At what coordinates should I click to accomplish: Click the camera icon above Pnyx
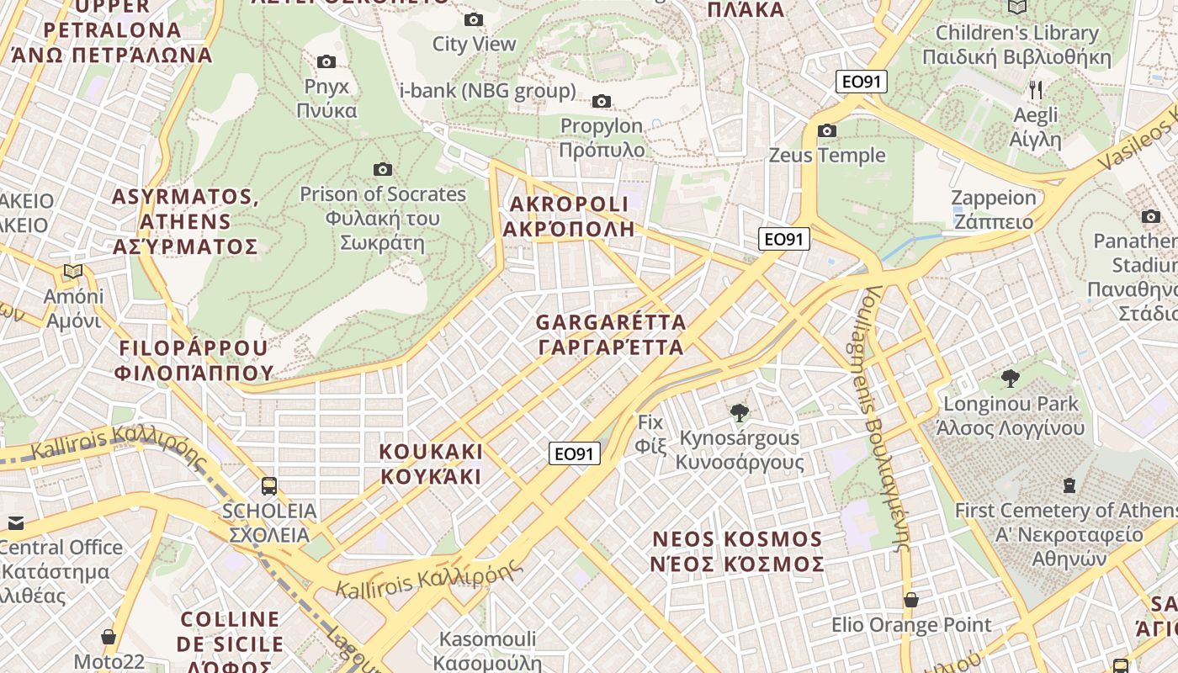[x=326, y=61]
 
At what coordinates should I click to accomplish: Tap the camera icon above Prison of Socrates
[x=383, y=169]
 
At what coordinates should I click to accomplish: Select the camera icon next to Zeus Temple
[x=827, y=130]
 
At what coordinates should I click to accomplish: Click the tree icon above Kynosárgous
[x=740, y=412]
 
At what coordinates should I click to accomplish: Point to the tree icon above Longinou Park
[x=1011, y=378]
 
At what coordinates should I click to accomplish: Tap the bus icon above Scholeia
[x=269, y=485]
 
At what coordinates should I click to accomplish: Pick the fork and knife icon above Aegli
[x=1036, y=89]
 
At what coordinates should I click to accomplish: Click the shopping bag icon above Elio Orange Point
[x=911, y=600]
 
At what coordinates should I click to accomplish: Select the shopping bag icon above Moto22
[x=109, y=637]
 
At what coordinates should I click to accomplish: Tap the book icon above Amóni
[x=73, y=271]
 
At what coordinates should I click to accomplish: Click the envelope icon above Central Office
[x=15, y=522]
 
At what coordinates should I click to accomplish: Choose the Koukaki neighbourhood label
[x=431, y=464]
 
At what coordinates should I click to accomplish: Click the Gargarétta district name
[x=610, y=335]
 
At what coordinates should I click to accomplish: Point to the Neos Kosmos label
[x=737, y=551]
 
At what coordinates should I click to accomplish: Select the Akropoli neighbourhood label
[x=569, y=216]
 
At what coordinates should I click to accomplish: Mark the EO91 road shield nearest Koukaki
[x=576, y=453]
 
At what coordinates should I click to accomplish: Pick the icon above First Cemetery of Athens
[x=1069, y=485]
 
